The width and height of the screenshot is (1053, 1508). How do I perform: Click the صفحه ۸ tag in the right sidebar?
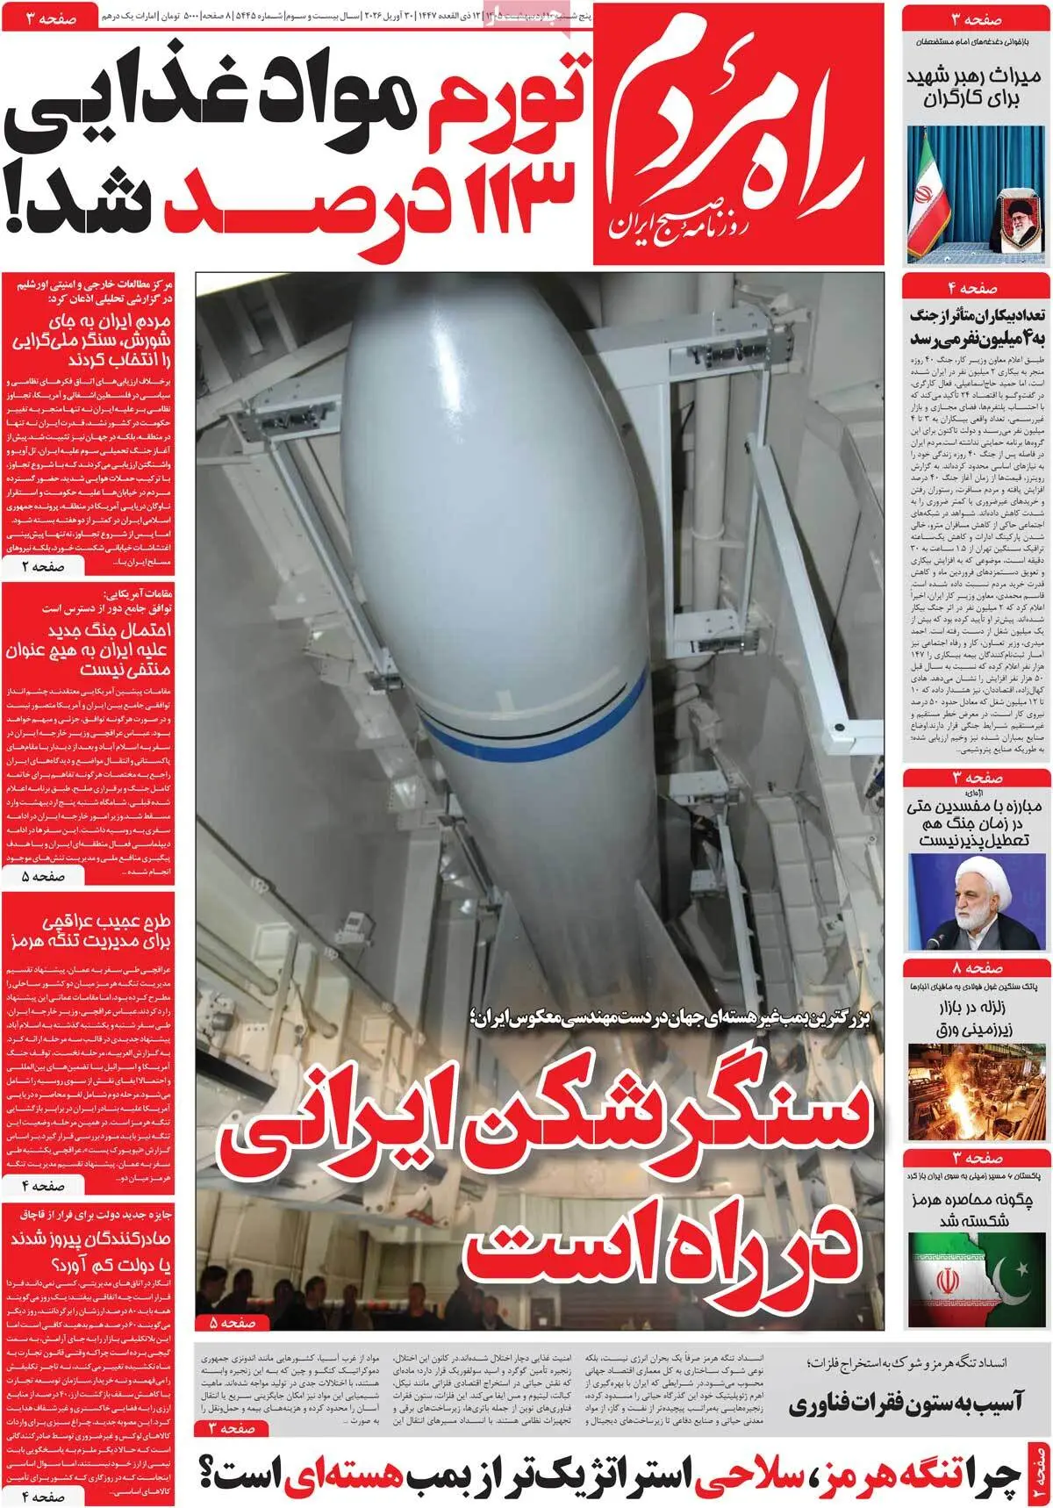point(977,968)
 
